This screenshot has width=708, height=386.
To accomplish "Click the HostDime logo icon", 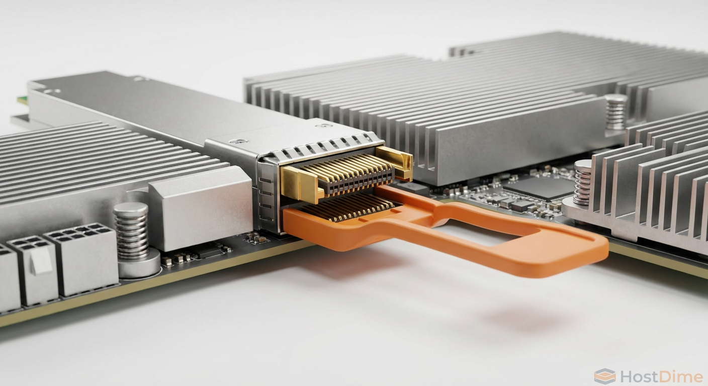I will (604, 376).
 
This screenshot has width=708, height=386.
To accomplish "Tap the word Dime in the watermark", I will (683, 376).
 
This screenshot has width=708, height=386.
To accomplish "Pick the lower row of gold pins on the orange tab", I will (352, 208).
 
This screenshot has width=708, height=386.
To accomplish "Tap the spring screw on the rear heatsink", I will (615, 112).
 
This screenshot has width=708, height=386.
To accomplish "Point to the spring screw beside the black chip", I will (582, 182).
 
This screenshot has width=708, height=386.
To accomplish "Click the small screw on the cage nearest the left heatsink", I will (238, 141).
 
